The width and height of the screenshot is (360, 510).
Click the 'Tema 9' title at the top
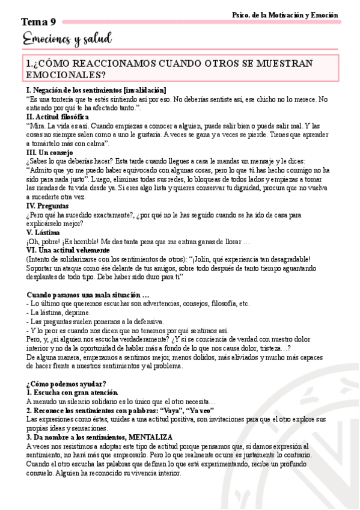(38, 22)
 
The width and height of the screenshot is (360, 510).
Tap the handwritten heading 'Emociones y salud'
(67, 40)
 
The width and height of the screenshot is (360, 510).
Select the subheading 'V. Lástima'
(43, 232)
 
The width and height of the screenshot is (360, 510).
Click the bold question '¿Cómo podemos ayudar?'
(66, 383)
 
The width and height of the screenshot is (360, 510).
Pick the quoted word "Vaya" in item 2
(171, 410)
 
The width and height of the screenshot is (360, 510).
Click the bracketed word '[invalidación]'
(141, 90)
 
